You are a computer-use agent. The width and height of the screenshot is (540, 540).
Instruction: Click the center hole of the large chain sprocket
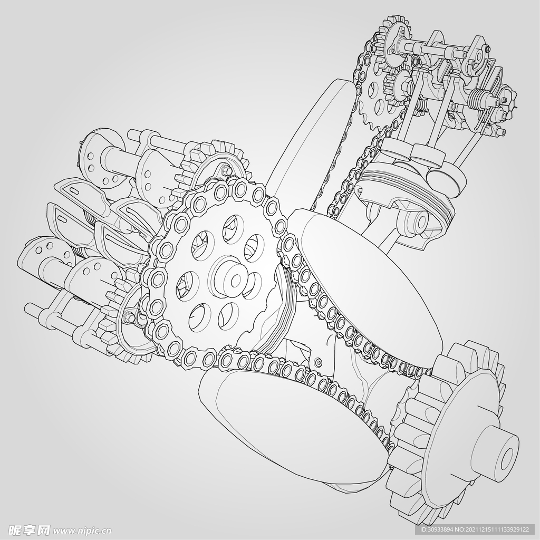[236, 281]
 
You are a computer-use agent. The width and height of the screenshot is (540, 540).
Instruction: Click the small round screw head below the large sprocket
[319, 362]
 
